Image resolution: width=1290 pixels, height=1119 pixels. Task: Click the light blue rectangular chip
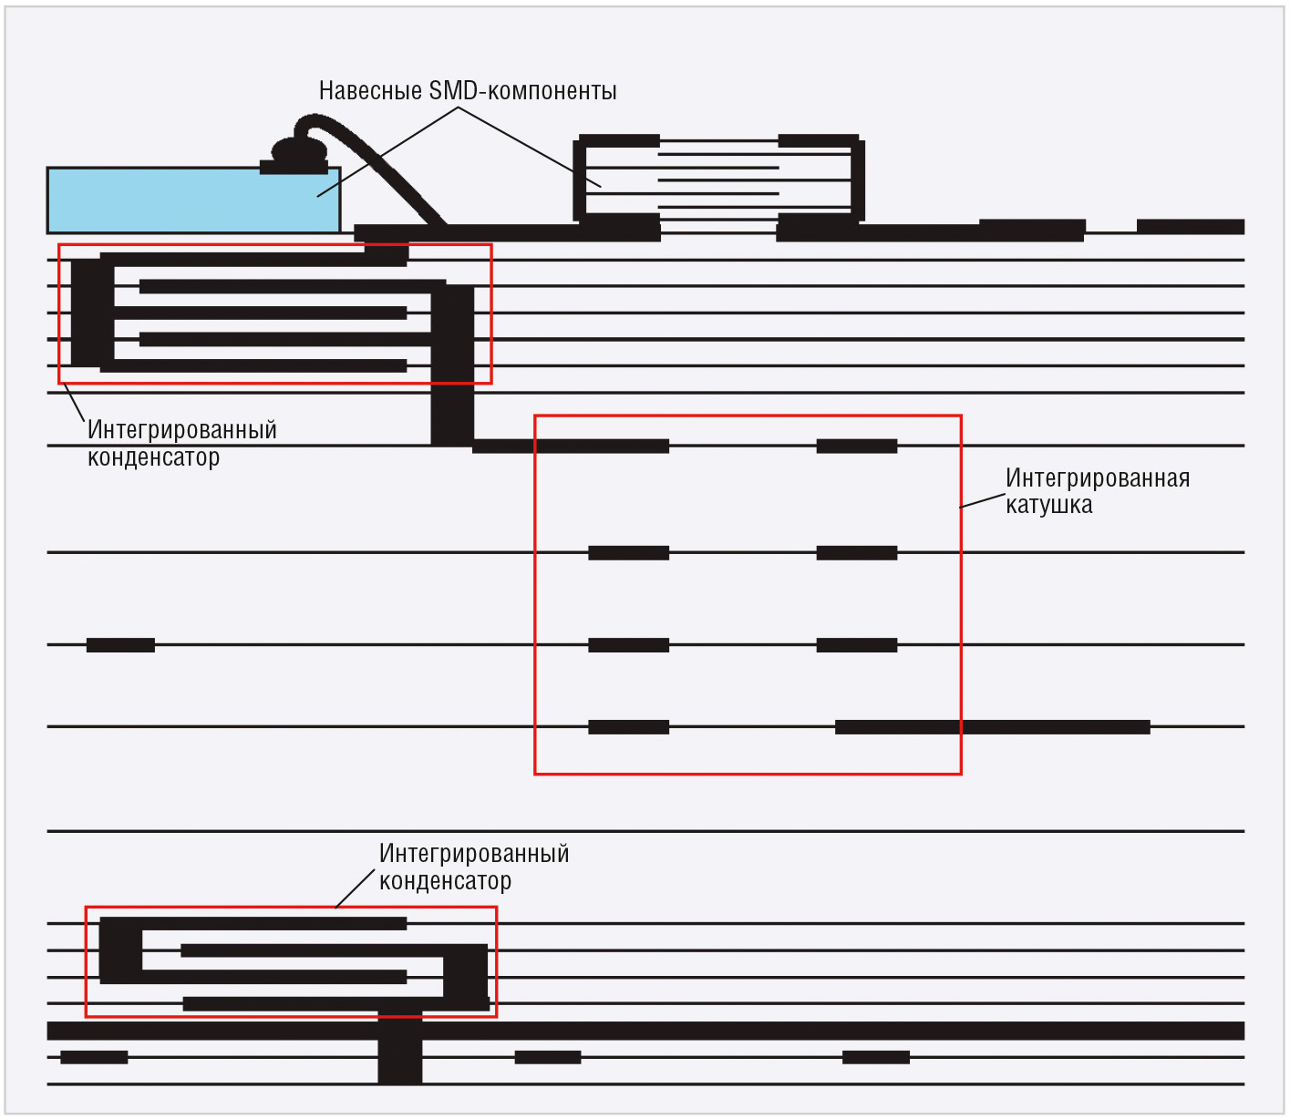point(193,200)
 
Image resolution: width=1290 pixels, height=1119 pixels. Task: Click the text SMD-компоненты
point(522,91)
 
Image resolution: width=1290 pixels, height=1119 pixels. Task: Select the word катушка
point(1048,505)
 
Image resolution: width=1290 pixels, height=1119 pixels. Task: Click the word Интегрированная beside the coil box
point(1098,477)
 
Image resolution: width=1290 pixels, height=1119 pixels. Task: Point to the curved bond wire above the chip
point(372,165)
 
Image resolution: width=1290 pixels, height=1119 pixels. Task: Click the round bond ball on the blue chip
point(299,150)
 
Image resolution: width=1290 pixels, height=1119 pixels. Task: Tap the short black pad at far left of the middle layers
point(120,644)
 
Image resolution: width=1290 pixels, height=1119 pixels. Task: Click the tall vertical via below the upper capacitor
point(452,365)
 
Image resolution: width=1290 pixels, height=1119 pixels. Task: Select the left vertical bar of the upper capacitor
point(92,313)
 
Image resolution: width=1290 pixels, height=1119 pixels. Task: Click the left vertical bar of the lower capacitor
point(121,950)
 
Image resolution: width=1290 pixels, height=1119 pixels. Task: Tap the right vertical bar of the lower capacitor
point(465,973)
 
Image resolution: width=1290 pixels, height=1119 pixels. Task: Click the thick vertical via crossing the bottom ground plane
point(399,1049)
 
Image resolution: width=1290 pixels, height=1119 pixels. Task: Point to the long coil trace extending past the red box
point(993,726)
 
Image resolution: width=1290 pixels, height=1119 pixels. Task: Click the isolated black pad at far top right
point(1191,227)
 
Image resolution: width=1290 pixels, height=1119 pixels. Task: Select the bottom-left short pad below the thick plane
point(94,1057)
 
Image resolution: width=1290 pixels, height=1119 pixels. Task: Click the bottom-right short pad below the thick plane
point(876,1057)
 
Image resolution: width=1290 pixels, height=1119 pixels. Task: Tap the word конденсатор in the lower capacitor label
point(445,881)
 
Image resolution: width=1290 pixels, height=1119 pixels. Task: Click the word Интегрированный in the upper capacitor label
point(182,430)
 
